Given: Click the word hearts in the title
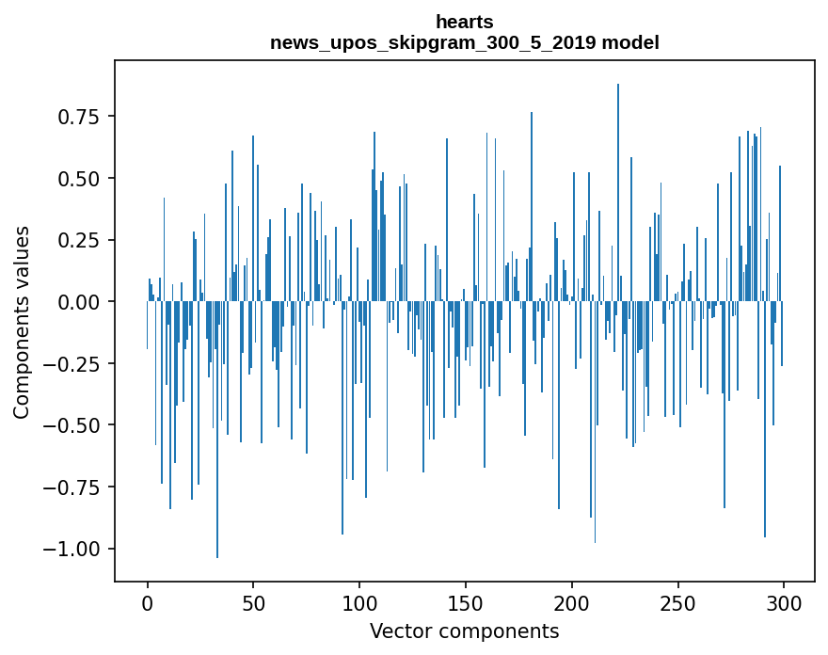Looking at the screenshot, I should click(x=464, y=22).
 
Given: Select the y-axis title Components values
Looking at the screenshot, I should click(x=22, y=322).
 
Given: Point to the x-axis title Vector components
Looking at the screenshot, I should click(x=464, y=631).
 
